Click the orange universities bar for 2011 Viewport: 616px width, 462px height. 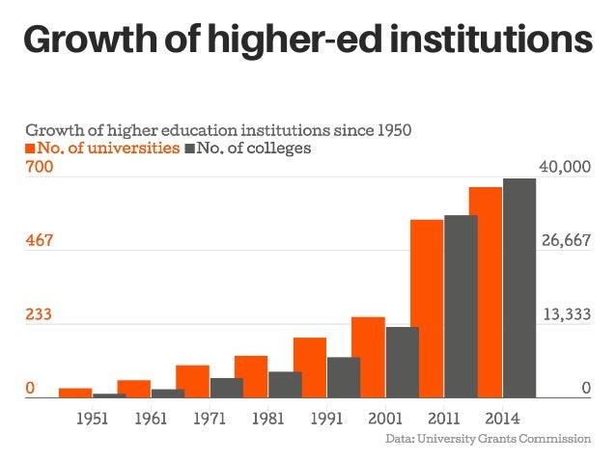click(427, 309)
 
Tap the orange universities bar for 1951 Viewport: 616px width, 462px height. click(75, 393)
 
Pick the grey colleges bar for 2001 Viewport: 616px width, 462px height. click(403, 362)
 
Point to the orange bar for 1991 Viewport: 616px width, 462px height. click(310, 367)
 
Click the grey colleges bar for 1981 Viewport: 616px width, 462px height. click(285, 384)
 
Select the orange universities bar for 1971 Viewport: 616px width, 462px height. click(192, 381)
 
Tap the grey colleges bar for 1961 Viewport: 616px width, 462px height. click(168, 393)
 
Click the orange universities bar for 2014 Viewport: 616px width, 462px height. click(486, 292)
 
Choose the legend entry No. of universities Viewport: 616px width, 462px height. click(101, 149)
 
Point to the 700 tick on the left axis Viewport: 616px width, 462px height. click(38, 168)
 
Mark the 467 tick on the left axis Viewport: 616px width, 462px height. click(38, 240)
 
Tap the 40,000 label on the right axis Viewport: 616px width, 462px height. click(565, 168)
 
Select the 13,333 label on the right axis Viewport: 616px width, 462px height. click(565, 314)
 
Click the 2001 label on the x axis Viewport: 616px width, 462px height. click(385, 420)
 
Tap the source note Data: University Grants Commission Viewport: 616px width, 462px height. click(488, 439)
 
